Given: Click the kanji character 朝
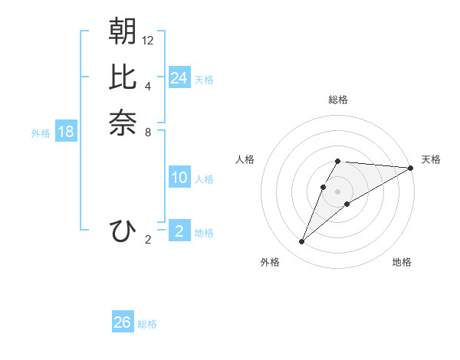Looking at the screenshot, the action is click(x=123, y=31).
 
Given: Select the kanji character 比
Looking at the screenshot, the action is click(x=123, y=77).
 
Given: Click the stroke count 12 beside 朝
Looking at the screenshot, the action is click(x=148, y=40).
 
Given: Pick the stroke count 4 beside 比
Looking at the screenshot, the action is click(x=148, y=86).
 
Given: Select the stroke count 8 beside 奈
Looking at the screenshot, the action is click(x=148, y=132).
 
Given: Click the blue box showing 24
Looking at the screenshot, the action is click(x=179, y=78).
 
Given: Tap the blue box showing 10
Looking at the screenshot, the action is click(x=179, y=178).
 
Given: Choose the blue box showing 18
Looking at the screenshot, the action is click(x=66, y=132).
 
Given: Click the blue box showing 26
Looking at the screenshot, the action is click(x=123, y=322).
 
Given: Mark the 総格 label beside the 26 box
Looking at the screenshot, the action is click(x=147, y=324).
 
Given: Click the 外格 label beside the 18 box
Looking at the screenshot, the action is click(x=41, y=133).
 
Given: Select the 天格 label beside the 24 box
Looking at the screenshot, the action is click(x=204, y=80).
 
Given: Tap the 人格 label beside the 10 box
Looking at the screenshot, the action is click(x=204, y=179).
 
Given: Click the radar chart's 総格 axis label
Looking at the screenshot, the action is click(x=338, y=100).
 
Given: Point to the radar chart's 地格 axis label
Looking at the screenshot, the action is click(x=402, y=262).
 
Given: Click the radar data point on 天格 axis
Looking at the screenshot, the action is click(x=411, y=168).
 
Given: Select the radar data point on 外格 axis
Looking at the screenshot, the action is click(x=302, y=242).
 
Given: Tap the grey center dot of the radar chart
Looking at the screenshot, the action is click(x=338, y=191).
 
